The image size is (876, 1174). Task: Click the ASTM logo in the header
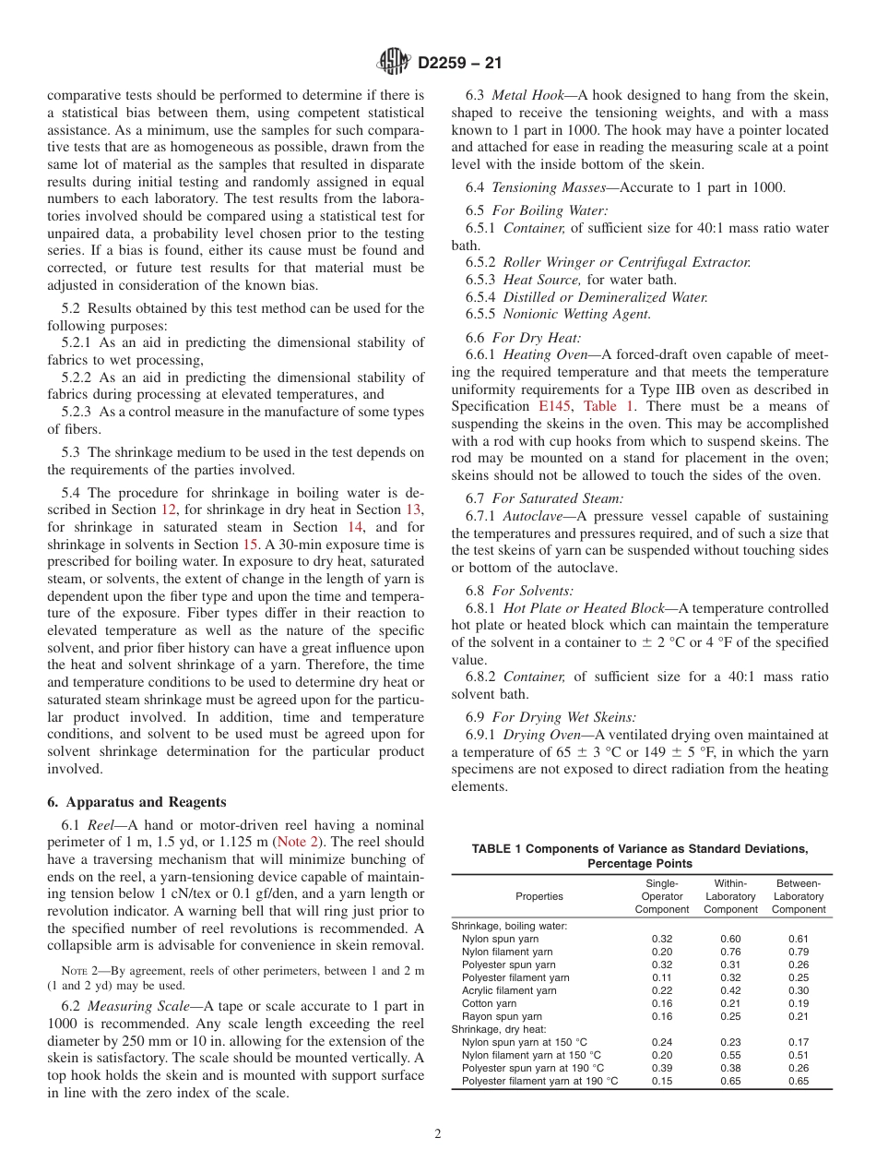point(395,63)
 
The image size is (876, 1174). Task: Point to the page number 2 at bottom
point(438,1134)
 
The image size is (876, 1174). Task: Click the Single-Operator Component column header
point(661,896)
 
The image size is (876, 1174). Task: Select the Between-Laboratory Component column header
point(799,896)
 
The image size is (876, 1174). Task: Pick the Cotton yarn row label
point(489,1003)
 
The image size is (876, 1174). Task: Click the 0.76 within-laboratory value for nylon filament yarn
point(729,952)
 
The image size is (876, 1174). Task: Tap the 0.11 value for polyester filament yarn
point(661,977)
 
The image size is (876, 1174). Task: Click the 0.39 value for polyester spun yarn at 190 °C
point(661,1068)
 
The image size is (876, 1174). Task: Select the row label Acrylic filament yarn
point(509,990)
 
